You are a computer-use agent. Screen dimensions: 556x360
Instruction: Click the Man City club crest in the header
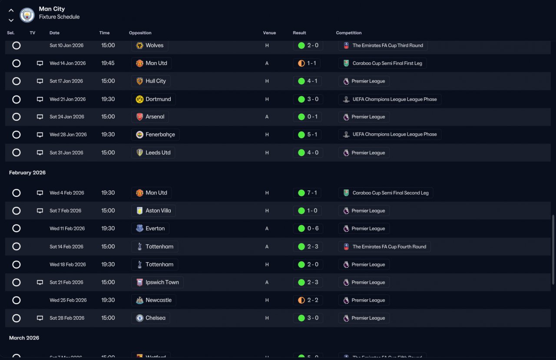(27, 15)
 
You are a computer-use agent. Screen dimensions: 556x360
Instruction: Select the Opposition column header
(140, 33)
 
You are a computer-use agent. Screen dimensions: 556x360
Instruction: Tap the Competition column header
(348, 33)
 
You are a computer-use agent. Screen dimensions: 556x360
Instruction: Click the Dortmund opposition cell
(153, 99)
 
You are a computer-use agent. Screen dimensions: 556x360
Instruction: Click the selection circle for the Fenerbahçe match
(17, 135)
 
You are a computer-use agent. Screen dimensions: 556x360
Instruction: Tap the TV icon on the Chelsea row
(40, 318)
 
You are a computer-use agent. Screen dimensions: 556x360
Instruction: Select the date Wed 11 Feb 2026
(67, 228)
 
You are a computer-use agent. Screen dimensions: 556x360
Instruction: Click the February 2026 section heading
(27, 172)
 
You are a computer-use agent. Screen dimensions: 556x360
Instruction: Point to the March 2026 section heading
(24, 338)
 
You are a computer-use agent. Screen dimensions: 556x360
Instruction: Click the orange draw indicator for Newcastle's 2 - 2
(301, 300)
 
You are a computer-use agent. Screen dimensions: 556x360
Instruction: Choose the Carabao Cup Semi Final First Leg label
(387, 63)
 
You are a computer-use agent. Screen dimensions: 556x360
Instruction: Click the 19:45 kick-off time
(108, 63)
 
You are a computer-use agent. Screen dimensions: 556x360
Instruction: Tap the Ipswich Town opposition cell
(157, 282)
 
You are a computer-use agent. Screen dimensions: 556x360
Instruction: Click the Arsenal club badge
(139, 117)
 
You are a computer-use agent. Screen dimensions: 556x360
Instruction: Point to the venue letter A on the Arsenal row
(267, 117)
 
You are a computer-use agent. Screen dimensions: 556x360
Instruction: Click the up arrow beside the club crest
(11, 10)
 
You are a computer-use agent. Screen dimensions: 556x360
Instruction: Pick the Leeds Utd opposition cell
(153, 152)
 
